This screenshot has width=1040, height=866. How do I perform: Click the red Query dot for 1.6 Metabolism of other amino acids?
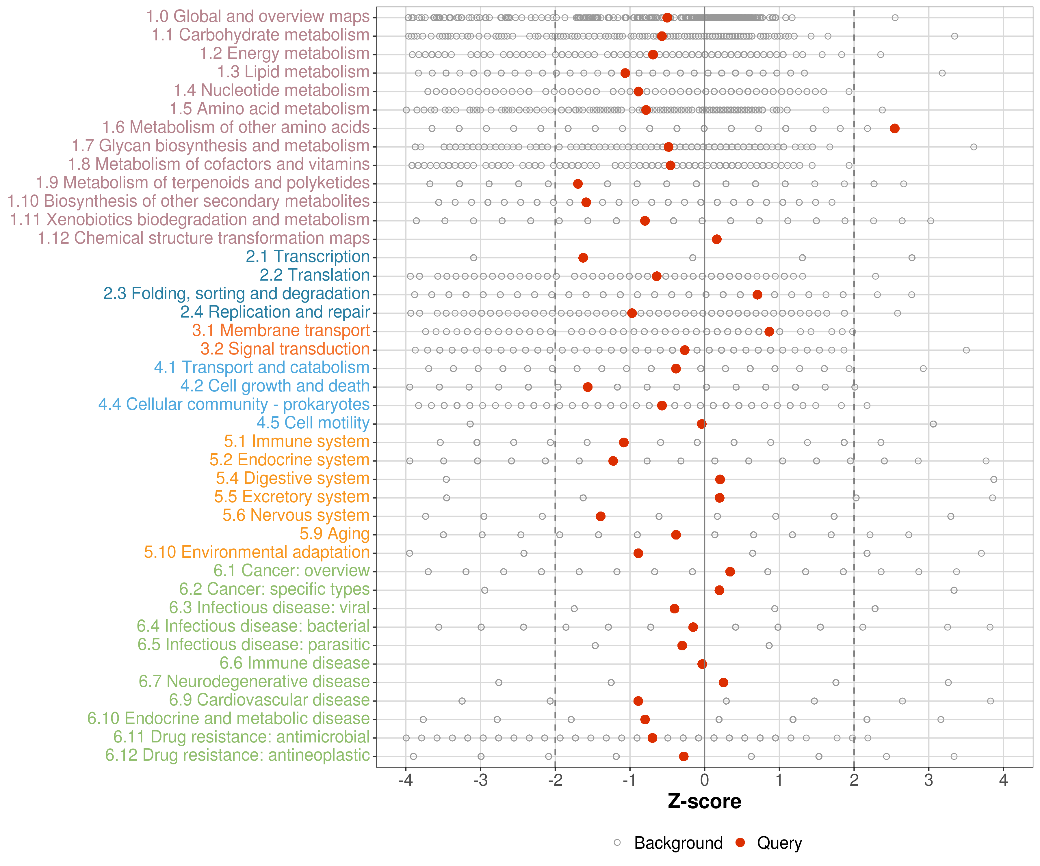coord(894,129)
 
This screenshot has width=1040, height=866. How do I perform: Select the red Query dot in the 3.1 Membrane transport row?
coord(769,332)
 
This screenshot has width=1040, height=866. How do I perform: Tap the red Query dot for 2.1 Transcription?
coord(583,258)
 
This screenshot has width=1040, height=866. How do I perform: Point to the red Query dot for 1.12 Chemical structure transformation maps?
coord(717,240)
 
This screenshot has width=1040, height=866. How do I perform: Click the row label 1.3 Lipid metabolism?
coord(293,72)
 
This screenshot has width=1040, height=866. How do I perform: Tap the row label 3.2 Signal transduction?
coord(285,349)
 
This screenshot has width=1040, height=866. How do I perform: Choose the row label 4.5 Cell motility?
coord(313,423)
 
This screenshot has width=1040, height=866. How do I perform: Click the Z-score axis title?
coord(704,802)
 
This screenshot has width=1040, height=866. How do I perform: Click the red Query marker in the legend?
coord(740,842)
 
